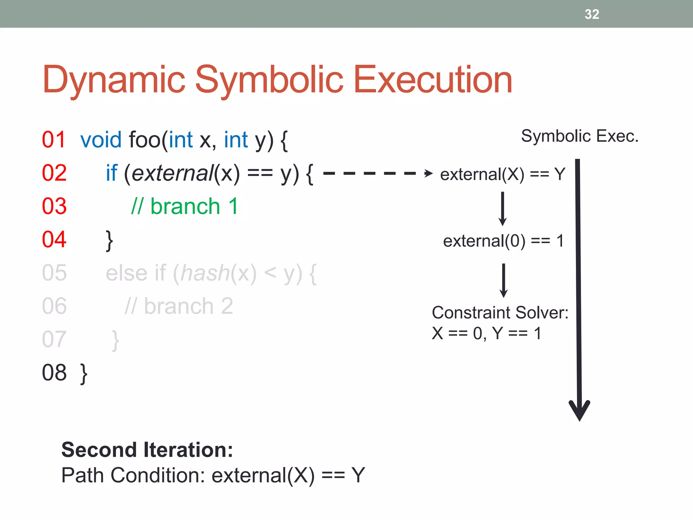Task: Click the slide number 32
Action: [591, 14]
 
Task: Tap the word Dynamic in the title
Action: [114, 80]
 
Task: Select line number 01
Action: [53, 139]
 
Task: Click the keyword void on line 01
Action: [101, 139]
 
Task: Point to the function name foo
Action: [145, 139]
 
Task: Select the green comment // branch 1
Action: [185, 206]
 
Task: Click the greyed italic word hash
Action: [205, 273]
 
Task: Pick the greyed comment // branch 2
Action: [179, 306]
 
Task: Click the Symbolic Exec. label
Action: [579, 136]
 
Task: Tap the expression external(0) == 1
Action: [503, 241]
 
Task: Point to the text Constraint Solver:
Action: [500, 312]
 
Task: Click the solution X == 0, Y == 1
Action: [486, 333]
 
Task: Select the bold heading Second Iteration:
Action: [147, 450]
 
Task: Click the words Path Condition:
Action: [133, 475]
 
